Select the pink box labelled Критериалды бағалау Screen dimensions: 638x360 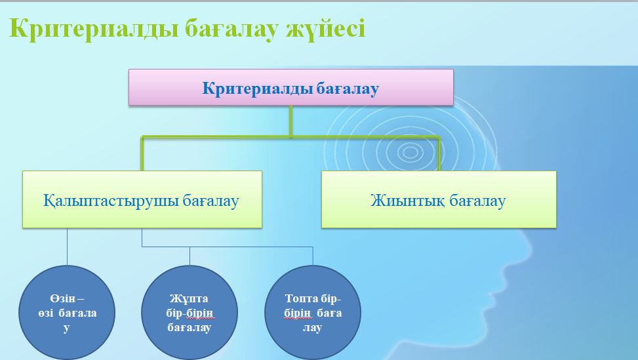click(x=291, y=87)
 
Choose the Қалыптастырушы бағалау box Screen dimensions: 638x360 click(x=142, y=199)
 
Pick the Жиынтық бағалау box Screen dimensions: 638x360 click(x=439, y=199)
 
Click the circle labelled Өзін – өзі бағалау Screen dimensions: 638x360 click(x=67, y=312)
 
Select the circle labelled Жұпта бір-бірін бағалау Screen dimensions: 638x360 click(x=189, y=312)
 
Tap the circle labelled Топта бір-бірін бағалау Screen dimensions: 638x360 click(x=313, y=312)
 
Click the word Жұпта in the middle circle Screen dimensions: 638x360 click(x=189, y=299)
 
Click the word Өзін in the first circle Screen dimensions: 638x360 click(x=63, y=298)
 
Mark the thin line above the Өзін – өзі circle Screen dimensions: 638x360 click(x=67, y=247)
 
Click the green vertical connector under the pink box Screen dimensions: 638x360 click(x=291, y=121)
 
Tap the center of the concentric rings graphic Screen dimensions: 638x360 click(x=410, y=153)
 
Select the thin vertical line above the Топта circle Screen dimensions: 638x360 click(x=313, y=256)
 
